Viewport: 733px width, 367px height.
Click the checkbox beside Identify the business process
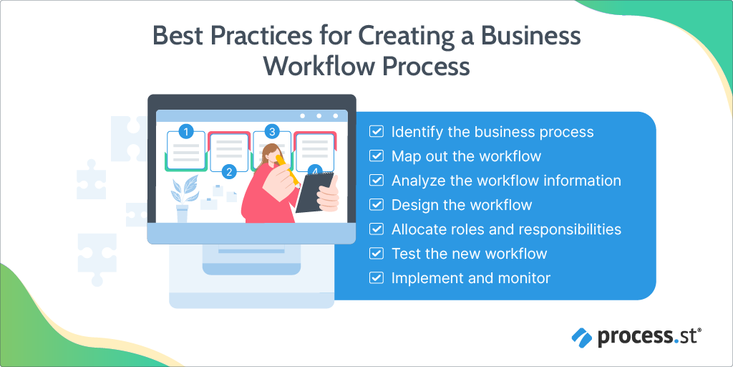click(376, 132)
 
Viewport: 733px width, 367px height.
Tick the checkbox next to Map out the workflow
click(376, 156)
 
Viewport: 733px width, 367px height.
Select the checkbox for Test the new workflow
click(376, 254)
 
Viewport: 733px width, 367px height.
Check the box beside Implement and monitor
click(376, 278)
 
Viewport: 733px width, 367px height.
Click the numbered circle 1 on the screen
click(186, 131)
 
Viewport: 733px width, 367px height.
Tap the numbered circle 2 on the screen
click(229, 171)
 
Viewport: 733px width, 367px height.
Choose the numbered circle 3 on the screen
click(271, 131)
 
